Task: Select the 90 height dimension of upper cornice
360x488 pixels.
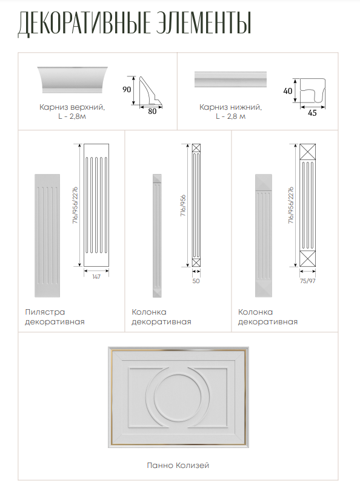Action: point(127,90)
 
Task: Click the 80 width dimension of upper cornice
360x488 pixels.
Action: point(152,112)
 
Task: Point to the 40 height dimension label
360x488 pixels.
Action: point(288,91)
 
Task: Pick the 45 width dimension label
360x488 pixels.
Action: point(312,113)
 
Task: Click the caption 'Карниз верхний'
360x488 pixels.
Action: point(72,107)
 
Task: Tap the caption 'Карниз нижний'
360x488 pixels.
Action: point(230,107)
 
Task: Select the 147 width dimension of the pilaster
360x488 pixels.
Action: point(96,276)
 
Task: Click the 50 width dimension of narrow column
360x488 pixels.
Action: point(196,281)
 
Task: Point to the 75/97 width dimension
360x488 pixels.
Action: point(307,281)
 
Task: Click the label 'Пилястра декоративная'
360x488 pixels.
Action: point(55,317)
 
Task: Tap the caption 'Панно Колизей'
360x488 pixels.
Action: point(178,466)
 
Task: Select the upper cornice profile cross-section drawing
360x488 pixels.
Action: point(150,91)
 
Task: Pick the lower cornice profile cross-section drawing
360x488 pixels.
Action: point(313,90)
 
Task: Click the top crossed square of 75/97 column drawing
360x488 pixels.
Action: point(308,152)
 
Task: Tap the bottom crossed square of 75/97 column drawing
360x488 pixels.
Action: point(308,259)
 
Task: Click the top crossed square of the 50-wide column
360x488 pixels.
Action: point(196,148)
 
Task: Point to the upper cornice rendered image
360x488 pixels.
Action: point(73,79)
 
